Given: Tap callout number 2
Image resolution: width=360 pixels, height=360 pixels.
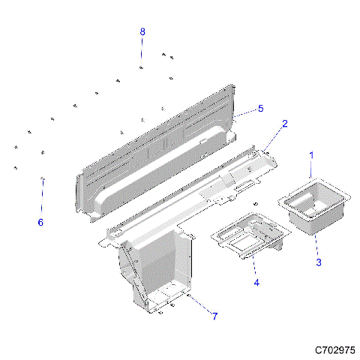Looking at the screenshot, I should pos(284,123).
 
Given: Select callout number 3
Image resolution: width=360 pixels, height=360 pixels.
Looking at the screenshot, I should pos(318,262).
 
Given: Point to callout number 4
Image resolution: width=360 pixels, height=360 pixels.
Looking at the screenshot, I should pos(256,283).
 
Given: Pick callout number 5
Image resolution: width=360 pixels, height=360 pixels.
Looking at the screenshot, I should pos(260,109).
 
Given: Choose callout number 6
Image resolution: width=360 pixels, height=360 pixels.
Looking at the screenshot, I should pos(40,223).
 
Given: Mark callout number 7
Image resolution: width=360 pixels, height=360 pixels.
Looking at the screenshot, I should pos(214,316).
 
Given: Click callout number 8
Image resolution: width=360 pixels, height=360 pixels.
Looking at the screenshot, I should pos(142,31).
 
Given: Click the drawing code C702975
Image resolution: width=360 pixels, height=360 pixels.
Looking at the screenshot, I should pos(335,350).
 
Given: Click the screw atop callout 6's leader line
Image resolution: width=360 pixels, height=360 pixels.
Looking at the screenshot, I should pos(43,179).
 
